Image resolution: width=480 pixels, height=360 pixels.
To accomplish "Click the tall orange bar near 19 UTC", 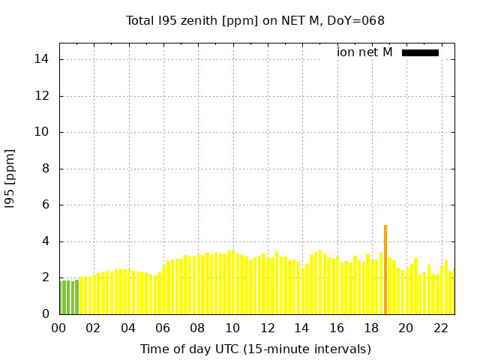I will coord(385,270).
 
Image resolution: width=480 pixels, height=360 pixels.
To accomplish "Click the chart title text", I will coord(255,20).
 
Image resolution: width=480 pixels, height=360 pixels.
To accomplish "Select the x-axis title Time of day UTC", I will coord(255,349).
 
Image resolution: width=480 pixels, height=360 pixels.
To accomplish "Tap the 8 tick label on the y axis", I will coord(45,169).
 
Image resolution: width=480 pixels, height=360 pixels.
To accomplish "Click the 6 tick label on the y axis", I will coord(45,205).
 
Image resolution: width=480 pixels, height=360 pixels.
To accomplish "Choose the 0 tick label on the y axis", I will coord(45,314).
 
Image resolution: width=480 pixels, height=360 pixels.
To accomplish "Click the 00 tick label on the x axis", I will coord(59,328).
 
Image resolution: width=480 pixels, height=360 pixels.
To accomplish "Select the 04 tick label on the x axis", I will coord(128,328).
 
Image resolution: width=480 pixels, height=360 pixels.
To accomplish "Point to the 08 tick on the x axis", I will coord(198,328).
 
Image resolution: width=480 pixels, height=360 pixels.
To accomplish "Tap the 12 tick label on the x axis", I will coord(267,328).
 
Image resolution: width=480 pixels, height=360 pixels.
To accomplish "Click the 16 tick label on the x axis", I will coord(337,328).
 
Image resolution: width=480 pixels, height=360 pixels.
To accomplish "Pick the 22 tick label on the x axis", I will coord(440,328).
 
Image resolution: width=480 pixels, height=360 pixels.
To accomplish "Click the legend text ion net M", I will coord(364,52).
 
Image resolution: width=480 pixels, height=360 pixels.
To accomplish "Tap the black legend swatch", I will coord(420,52).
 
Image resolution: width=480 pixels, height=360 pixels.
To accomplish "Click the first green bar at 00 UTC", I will coord(61,298).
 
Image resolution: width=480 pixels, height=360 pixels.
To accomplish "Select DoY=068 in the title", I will coord(358,20).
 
